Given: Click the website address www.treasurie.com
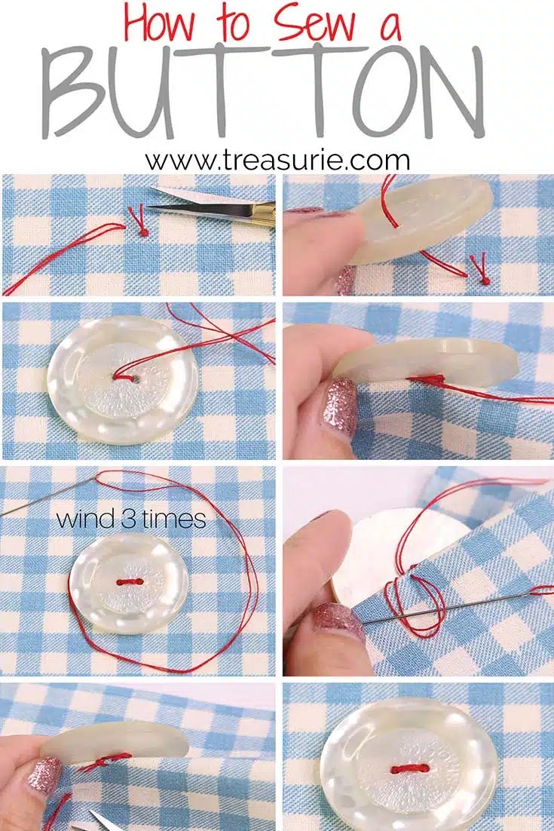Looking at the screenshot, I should [277, 160].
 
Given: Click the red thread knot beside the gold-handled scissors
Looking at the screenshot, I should [142, 231].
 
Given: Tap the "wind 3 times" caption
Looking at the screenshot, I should [131, 520].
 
